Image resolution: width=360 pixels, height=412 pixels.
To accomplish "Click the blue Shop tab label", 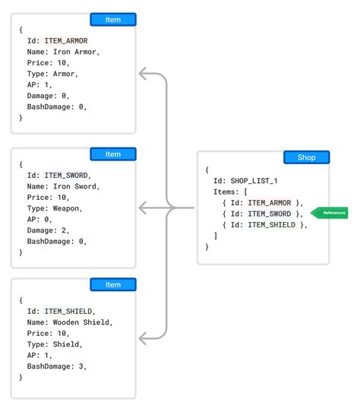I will click(x=306, y=158).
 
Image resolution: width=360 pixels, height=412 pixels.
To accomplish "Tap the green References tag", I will click(x=330, y=213).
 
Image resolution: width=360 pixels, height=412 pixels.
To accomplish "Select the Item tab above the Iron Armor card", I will click(x=112, y=20).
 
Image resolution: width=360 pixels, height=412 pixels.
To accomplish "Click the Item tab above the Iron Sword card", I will click(x=112, y=154).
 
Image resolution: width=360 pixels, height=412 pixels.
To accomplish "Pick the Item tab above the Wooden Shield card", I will click(x=112, y=284).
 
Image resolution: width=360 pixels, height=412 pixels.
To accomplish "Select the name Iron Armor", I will click(x=75, y=52).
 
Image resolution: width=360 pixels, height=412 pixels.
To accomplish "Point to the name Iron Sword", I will click(x=75, y=186).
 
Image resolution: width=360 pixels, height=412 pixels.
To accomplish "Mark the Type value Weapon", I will click(x=66, y=208).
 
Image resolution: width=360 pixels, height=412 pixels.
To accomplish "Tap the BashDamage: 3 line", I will click(x=55, y=366).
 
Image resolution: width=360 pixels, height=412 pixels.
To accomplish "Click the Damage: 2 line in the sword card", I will click(x=48, y=230).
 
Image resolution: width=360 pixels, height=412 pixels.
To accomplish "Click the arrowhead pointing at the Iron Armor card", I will click(x=142, y=74).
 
